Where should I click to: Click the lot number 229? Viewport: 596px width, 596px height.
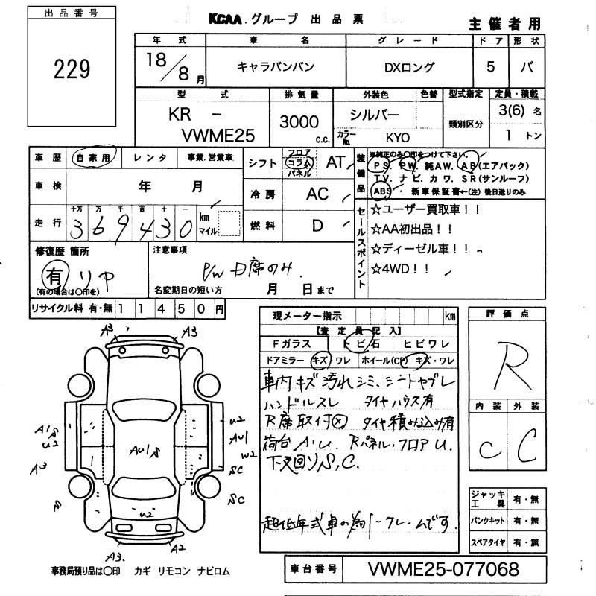click(x=72, y=69)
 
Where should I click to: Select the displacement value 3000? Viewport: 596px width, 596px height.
click(x=299, y=121)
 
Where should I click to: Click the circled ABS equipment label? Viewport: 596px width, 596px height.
click(x=381, y=191)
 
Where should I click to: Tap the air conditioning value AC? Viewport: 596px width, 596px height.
click(x=317, y=194)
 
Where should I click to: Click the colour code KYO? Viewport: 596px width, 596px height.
click(x=396, y=137)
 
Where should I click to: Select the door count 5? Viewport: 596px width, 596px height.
click(x=490, y=66)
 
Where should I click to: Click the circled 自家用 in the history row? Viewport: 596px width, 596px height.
click(x=95, y=158)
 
